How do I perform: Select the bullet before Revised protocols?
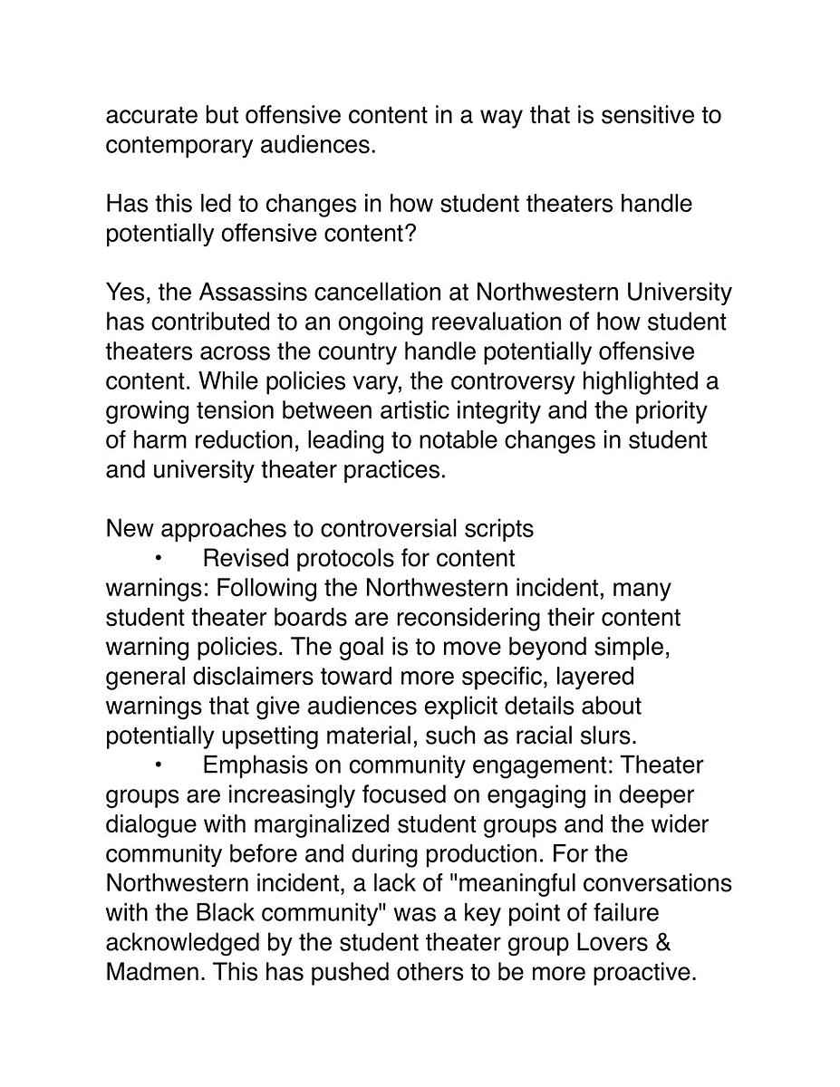pyautogui.click(x=157, y=558)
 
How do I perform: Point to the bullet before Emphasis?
pyautogui.click(x=157, y=765)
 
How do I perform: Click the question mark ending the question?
pyautogui.click(x=410, y=234)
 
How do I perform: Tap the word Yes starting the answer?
pyautogui.click(x=126, y=293)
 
